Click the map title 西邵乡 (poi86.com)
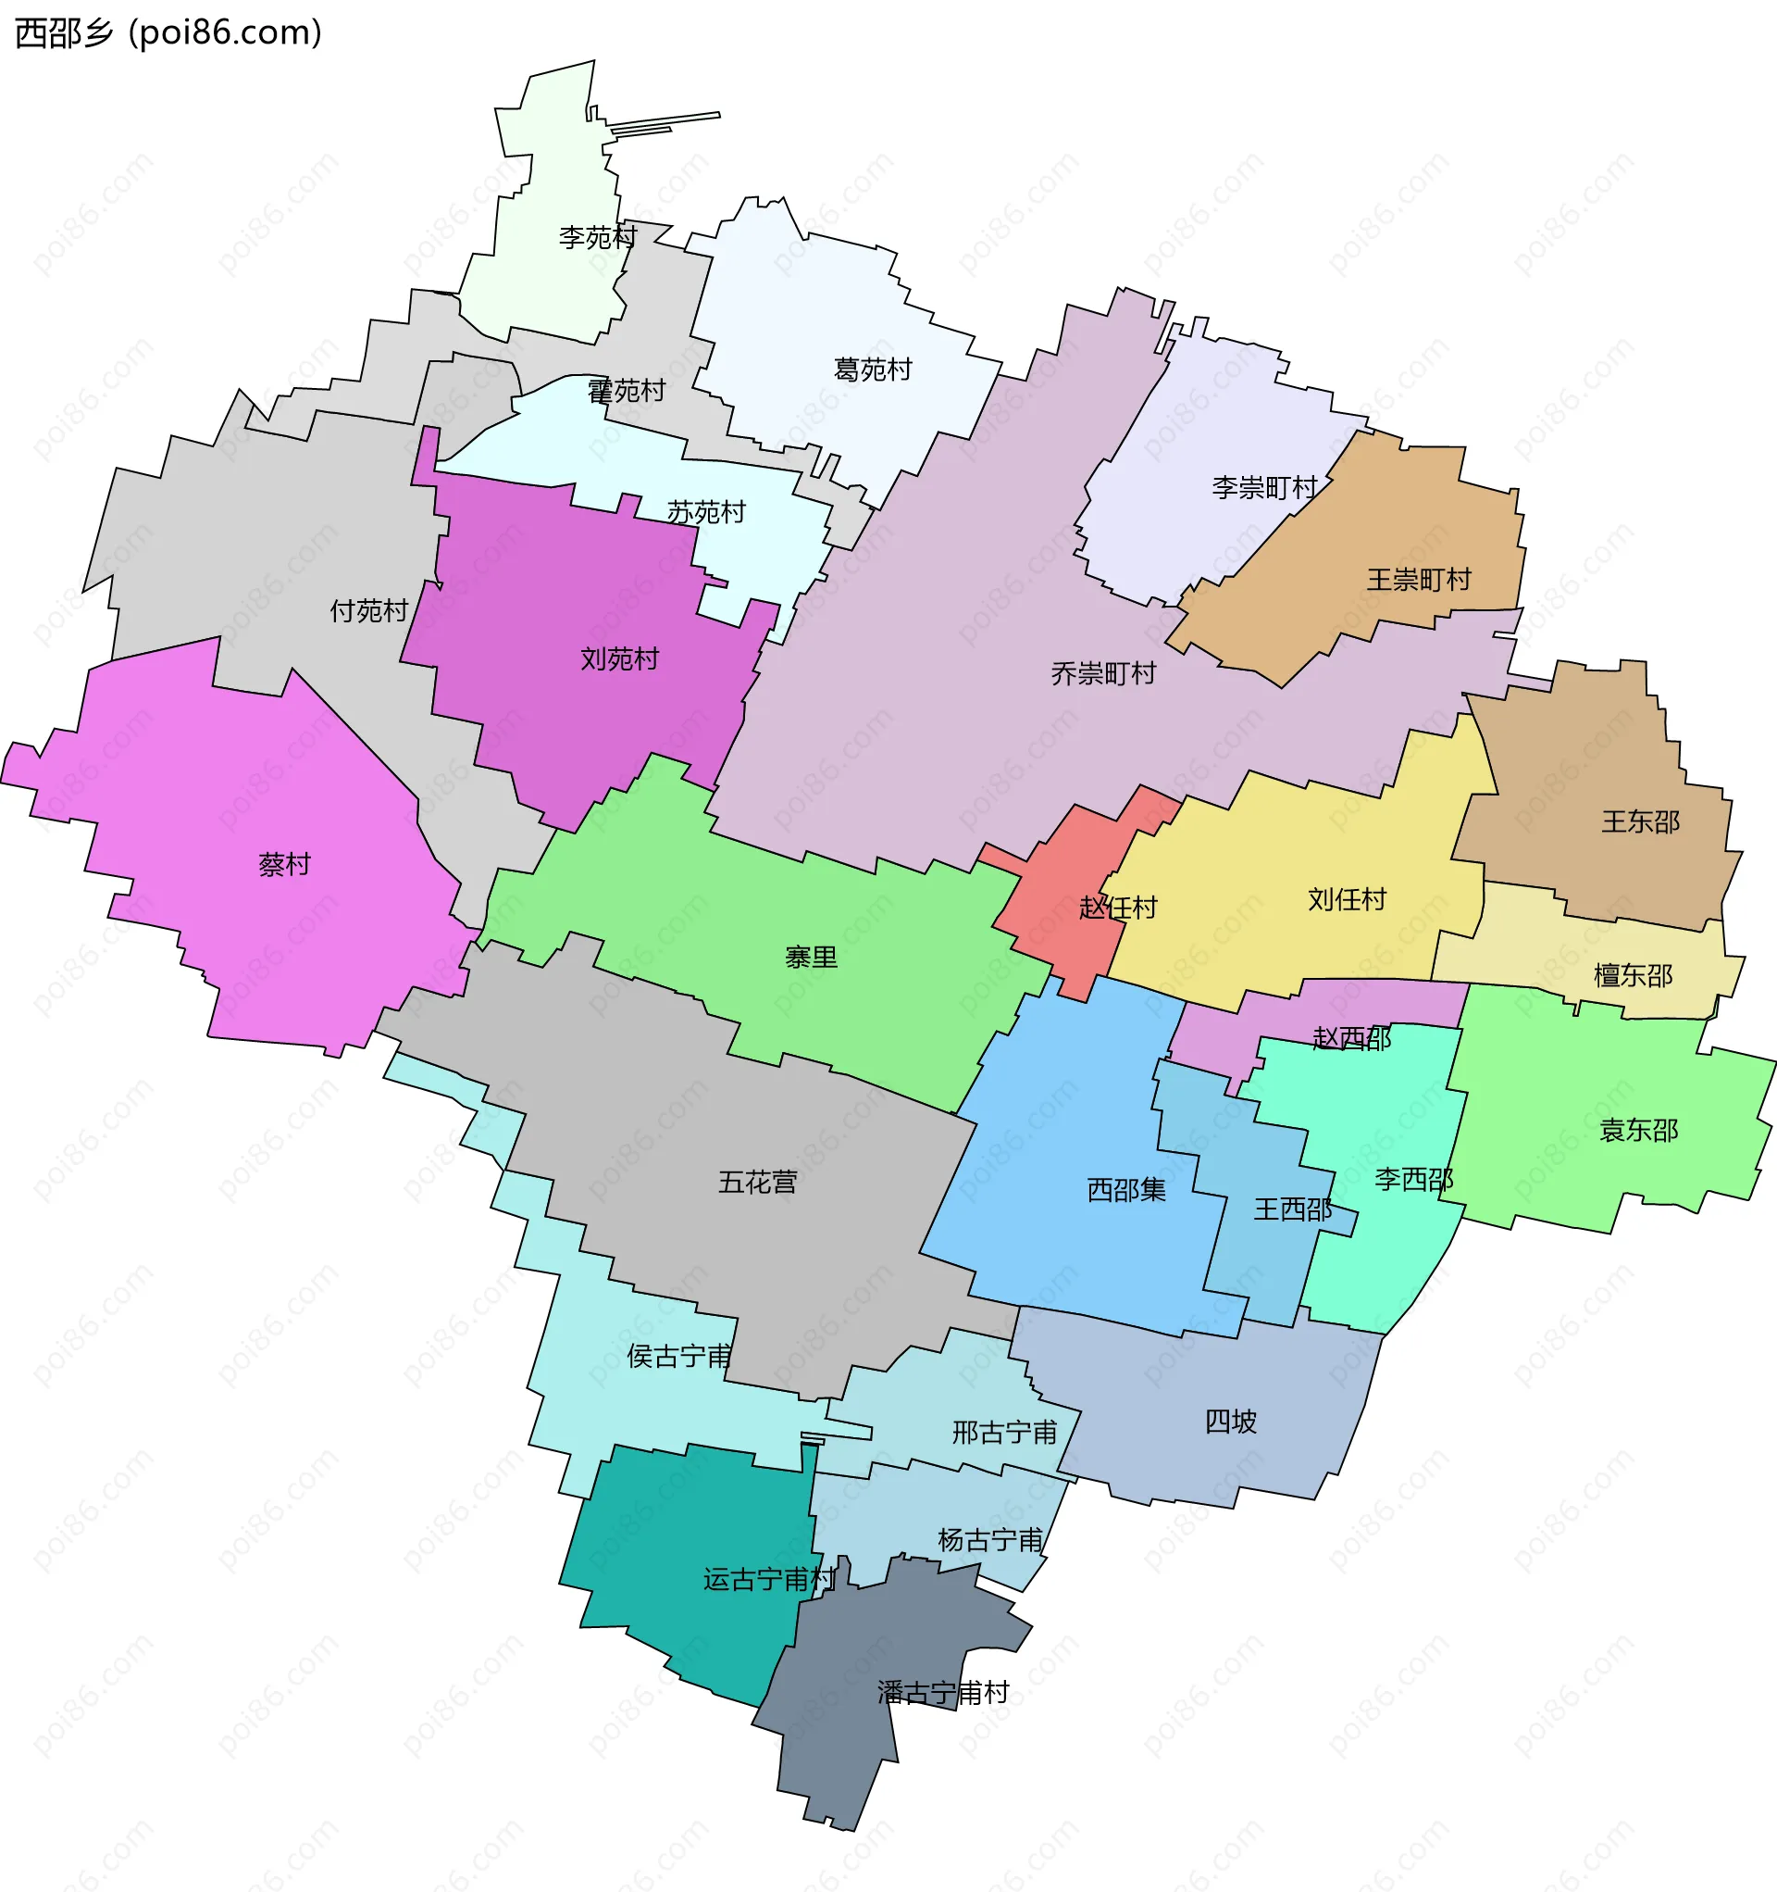tap(169, 32)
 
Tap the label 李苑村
tap(597, 237)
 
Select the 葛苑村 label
tap(873, 370)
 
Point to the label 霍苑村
tap(626, 391)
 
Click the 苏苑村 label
tap(706, 513)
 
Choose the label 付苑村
tap(369, 611)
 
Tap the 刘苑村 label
tap(619, 658)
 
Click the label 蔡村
tap(284, 864)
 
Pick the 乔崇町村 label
tap(1103, 674)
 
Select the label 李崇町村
tap(1264, 488)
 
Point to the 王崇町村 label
tap(1419, 580)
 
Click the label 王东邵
tap(1640, 821)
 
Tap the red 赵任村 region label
tap(1118, 908)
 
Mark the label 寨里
tap(811, 958)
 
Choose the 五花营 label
tap(757, 1182)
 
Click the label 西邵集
tap(1126, 1190)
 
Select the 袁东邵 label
tap(1638, 1131)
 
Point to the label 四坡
tap(1231, 1422)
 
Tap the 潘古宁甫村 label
tap(943, 1693)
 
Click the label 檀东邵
tap(1633, 975)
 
